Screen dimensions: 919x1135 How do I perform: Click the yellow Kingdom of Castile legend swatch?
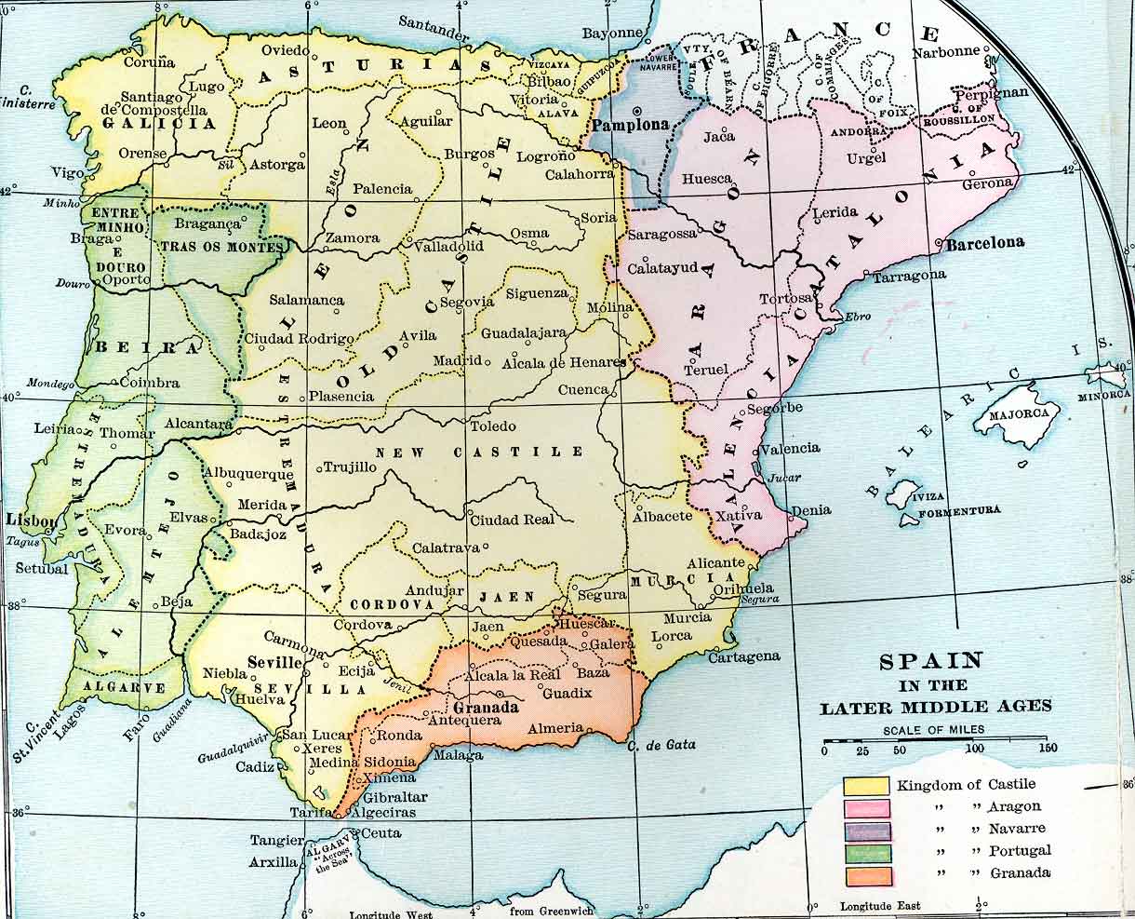866,785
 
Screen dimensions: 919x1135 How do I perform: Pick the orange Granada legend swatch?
866,875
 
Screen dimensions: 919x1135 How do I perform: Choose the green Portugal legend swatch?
866,853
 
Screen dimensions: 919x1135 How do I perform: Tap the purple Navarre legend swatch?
866,831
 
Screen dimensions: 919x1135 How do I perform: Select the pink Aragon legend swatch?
866,807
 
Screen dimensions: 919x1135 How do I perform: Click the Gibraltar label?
395,797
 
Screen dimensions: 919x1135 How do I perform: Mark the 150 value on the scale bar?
1048,749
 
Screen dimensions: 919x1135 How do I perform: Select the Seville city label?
275,662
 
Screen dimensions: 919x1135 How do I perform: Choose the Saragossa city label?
661,234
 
